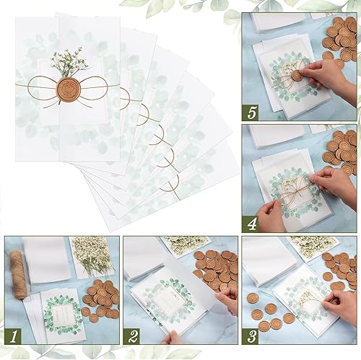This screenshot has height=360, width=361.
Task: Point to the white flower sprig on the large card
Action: tap(71, 61)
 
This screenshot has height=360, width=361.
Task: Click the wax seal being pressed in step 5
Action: tap(296, 74)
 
